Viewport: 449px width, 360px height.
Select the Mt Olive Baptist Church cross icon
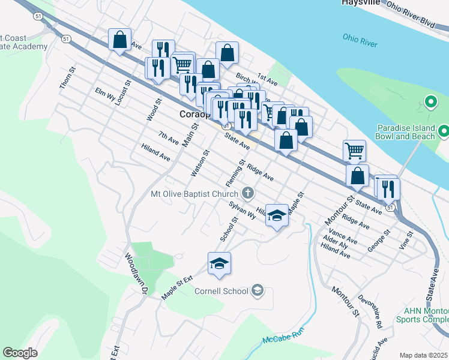pos(247,193)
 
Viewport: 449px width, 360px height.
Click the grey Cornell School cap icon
pos(258,291)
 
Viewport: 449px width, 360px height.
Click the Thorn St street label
pos(67,79)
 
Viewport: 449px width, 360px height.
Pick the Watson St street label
pos(199,163)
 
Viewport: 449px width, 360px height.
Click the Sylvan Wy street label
pos(242,211)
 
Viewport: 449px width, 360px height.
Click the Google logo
pos(20,353)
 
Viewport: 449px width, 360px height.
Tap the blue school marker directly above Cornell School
pos(219,263)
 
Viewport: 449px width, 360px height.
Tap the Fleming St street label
pos(237,172)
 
